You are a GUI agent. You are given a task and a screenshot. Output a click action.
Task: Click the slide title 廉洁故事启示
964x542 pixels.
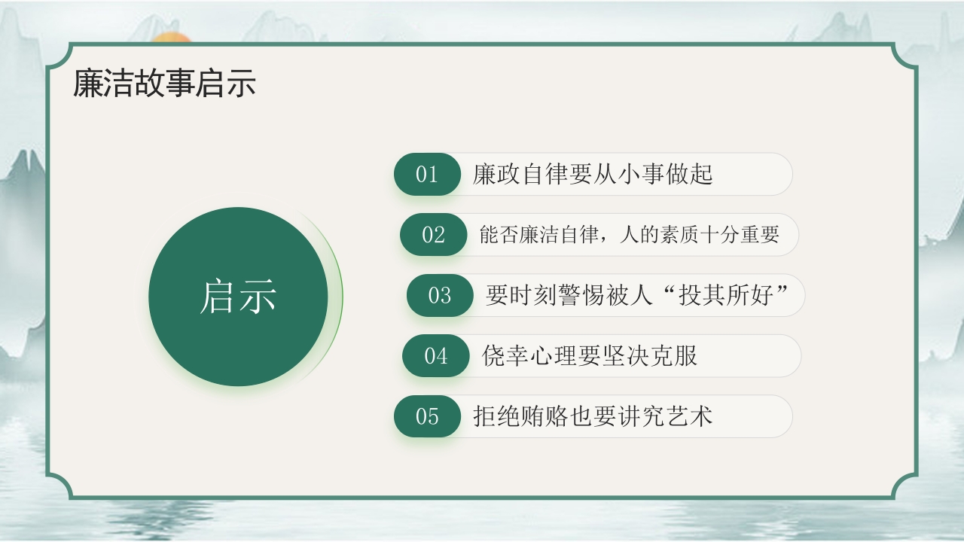point(164,84)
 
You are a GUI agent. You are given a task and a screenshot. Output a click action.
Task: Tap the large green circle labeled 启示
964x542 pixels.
point(238,297)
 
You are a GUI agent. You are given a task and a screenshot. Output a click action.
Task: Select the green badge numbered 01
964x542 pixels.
point(427,175)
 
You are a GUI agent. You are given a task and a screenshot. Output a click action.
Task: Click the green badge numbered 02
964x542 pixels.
point(433,235)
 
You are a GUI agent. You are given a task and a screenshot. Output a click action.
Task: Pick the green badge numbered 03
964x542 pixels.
point(440,295)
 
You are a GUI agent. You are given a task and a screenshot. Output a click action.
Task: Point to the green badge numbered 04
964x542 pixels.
point(436,356)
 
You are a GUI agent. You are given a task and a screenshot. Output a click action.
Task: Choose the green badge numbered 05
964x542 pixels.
point(427,416)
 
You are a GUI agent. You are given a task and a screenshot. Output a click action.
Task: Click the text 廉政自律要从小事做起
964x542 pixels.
point(593,175)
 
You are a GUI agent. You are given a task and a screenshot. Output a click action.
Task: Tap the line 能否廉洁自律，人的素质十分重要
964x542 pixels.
point(629,235)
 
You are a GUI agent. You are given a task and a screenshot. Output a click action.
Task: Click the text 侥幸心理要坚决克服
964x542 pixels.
point(590,356)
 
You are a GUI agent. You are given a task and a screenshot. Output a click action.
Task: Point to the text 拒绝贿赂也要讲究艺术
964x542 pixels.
point(593,416)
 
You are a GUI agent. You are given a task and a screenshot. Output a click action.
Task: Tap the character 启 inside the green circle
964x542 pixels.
point(218,297)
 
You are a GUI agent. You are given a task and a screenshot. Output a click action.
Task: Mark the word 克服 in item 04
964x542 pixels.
point(674,356)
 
